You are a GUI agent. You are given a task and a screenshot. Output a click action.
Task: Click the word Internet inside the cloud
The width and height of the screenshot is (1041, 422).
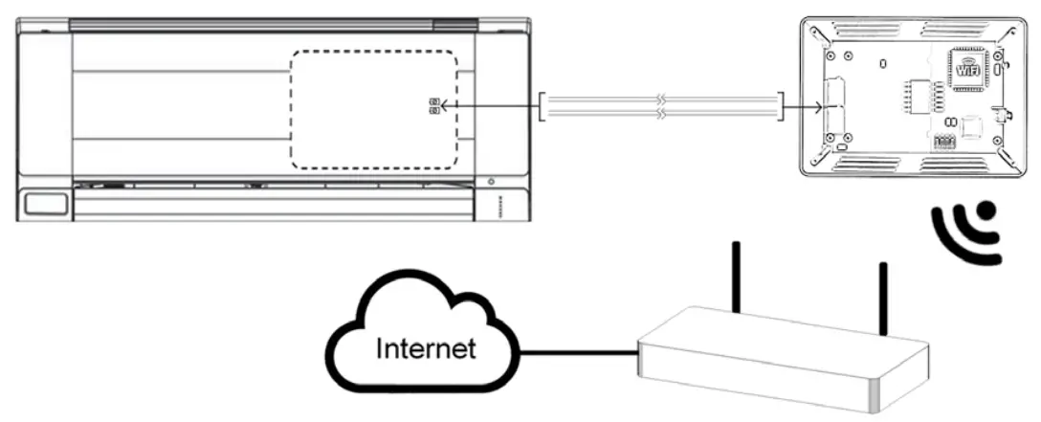[x=426, y=347]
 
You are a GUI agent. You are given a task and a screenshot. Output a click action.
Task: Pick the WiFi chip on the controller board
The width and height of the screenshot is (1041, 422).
[x=968, y=69]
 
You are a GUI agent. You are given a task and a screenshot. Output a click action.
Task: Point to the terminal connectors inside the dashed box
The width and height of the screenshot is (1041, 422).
[x=434, y=105]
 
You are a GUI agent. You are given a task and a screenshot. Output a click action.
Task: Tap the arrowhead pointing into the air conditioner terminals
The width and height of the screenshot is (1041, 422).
[x=446, y=105]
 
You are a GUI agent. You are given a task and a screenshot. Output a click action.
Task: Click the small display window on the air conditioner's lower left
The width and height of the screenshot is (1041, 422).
[x=46, y=203]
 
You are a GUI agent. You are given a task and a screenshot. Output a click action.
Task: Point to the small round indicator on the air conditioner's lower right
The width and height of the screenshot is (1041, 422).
[x=491, y=182]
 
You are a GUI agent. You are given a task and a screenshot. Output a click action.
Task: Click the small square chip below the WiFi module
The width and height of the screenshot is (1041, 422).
[x=973, y=126]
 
